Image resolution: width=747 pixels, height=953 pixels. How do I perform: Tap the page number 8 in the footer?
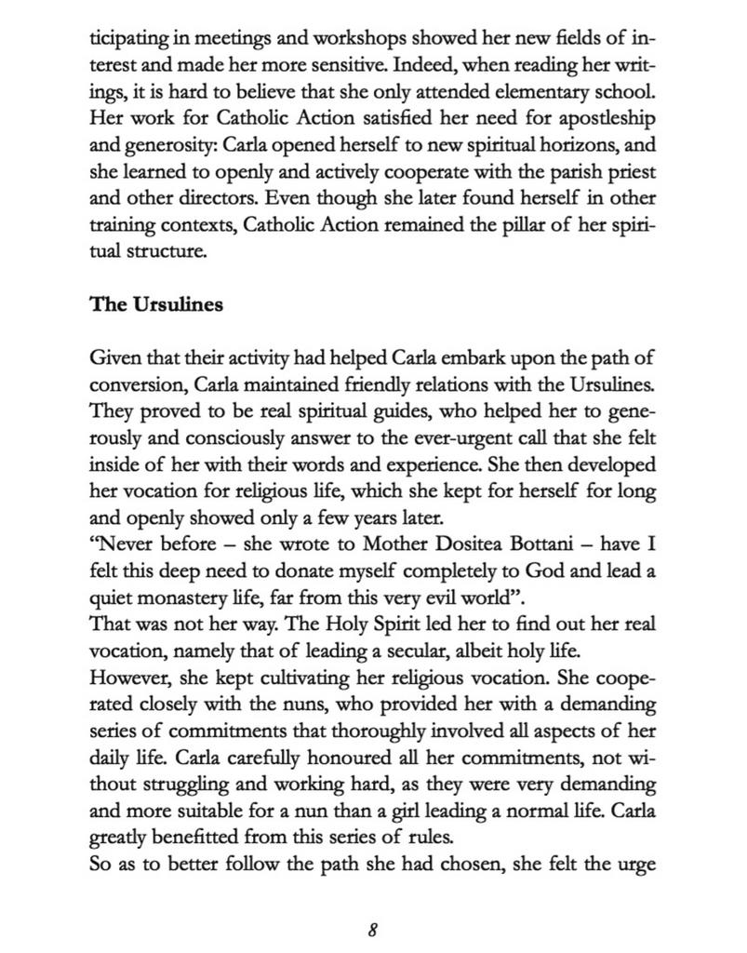(372, 929)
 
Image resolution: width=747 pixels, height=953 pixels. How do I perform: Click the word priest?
(633, 173)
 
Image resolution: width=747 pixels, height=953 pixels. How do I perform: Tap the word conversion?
(133, 384)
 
